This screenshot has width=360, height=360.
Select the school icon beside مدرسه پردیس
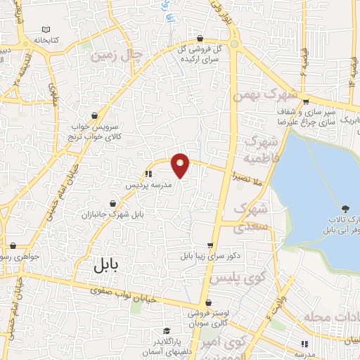click(148, 173)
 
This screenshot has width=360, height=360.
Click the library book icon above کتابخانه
click(47, 29)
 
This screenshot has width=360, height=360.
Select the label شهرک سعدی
click(251, 217)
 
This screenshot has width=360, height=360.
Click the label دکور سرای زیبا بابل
click(210, 257)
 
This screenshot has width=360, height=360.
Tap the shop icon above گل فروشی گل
click(201, 39)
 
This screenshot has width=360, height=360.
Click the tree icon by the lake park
click(345, 209)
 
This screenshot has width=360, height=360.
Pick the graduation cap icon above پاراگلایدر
click(167, 330)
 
